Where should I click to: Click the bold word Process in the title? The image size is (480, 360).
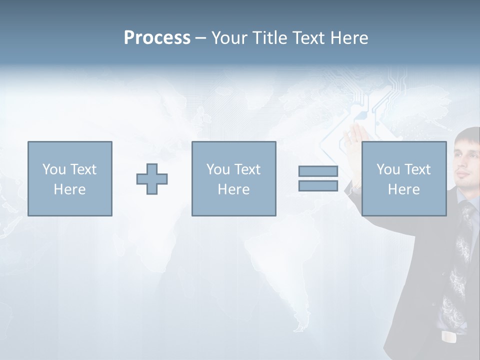tap(157, 38)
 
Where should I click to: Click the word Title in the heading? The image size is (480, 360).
tap(268, 38)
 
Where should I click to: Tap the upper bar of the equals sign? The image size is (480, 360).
tap(318, 171)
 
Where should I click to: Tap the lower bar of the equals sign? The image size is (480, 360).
tap(318, 185)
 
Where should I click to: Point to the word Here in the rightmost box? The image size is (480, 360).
tap(403, 189)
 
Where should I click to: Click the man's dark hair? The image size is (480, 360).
tap(470, 134)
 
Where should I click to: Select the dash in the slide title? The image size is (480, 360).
tap(200, 38)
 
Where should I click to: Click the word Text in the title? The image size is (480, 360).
tap(305, 38)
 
